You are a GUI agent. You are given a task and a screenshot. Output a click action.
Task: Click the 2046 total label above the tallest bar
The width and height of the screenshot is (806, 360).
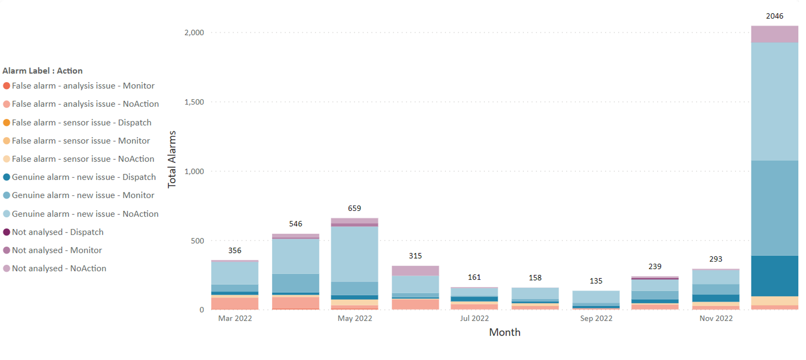(774, 16)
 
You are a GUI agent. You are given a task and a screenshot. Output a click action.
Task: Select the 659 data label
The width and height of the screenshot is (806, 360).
(354, 208)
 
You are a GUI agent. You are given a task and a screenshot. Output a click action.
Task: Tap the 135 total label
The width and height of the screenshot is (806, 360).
(596, 281)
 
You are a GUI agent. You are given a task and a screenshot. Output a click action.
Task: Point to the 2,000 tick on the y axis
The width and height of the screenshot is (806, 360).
(194, 33)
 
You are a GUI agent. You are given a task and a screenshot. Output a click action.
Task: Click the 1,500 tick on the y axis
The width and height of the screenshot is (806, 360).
(194, 102)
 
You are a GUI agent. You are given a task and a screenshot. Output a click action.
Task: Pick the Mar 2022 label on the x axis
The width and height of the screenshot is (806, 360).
(235, 319)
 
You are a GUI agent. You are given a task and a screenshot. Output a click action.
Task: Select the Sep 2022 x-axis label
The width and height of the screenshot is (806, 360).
(596, 319)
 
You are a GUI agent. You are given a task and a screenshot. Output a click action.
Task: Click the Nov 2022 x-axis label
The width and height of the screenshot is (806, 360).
(716, 319)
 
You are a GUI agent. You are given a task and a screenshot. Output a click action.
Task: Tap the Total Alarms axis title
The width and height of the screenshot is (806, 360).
(172, 160)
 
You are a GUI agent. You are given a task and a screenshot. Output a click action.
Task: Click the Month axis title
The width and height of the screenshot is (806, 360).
(504, 332)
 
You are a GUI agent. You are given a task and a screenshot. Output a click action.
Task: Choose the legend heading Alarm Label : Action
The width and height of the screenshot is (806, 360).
(42, 71)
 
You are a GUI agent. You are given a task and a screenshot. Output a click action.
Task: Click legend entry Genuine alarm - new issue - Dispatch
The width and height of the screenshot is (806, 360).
(84, 177)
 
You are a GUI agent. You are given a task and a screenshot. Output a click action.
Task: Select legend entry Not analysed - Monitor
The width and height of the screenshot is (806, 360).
(57, 250)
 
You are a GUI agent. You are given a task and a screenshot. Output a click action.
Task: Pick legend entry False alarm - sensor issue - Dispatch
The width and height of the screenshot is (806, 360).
(82, 123)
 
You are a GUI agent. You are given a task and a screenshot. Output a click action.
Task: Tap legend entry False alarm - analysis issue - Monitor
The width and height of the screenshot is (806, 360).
(83, 86)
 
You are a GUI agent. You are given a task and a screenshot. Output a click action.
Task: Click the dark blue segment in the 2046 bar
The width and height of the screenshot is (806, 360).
(774, 276)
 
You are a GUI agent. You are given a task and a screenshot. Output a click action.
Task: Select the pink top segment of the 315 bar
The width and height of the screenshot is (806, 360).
(415, 270)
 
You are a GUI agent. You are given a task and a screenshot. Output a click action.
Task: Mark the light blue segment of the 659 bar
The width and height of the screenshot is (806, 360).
(354, 254)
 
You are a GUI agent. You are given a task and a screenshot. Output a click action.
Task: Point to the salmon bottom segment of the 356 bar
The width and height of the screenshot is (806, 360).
(235, 304)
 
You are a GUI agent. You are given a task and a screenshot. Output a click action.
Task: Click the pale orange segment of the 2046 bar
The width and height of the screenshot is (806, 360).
(774, 301)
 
